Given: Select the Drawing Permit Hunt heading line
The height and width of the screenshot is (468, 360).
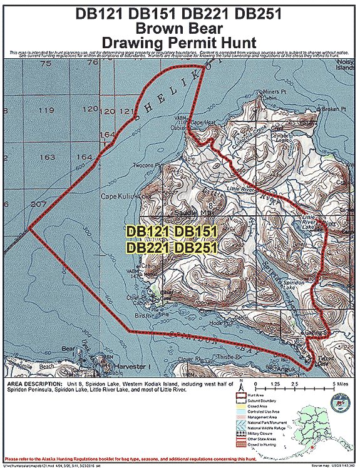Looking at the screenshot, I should tap(180, 42).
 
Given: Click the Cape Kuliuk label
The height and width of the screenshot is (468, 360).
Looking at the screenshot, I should tap(119, 196).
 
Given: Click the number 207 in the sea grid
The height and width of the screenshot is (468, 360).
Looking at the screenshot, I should tap(38, 205).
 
